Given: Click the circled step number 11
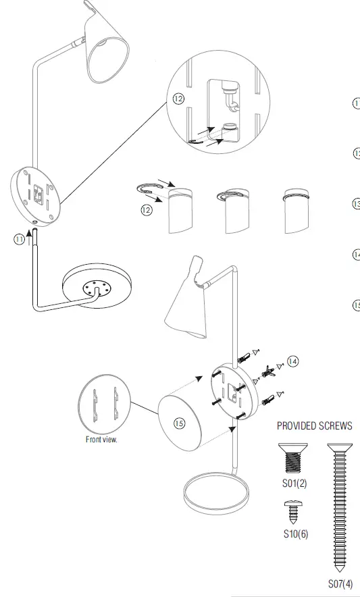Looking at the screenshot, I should pos(19,239).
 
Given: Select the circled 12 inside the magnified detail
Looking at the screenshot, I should pos(178,99).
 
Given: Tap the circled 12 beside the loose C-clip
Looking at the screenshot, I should pos(147,210).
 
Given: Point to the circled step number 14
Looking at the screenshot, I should pos(292,361).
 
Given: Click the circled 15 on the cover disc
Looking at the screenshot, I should pos(179,423).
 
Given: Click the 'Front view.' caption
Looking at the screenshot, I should pos(101,440).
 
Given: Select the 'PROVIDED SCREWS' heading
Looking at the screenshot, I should pos(314,426).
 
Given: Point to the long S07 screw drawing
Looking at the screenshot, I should pos(338,507).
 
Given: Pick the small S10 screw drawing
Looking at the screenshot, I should pos(294,512).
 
